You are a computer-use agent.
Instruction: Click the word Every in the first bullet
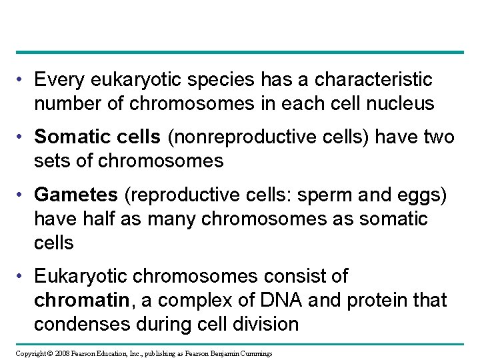pos(55,81)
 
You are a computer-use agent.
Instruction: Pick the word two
pos(439,138)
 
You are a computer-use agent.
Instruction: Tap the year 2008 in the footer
pos(61,352)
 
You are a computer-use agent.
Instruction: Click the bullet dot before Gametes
pos(22,195)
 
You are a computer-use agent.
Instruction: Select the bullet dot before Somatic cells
pos(22,138)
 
